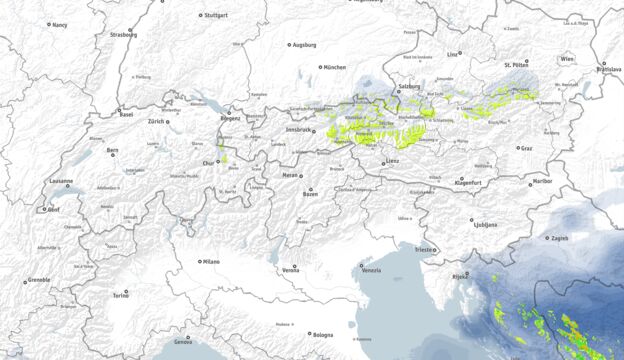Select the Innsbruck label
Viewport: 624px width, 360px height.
tap(300, 130)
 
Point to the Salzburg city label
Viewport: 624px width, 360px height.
tap(409, 87)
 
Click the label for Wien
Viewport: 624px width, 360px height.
tap(568, 60)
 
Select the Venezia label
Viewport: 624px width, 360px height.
tap(371, 270)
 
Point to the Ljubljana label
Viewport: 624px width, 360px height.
tap(485, 225)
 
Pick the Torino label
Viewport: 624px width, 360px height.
tap(121, 296)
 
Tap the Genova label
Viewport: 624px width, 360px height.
tap(183, 342)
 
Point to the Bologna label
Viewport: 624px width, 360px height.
tap(322, 335)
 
